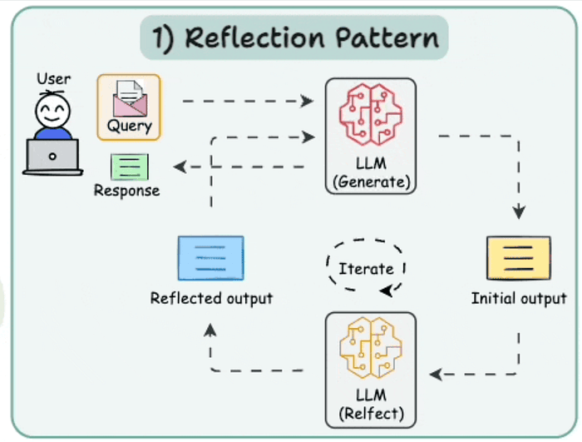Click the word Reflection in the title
click(x=254, y=37)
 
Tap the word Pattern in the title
click(x=387, y=37)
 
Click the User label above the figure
click(x=53, y=79)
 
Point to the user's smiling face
click(x=52, y=112)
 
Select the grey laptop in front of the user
click(x=52, y=156)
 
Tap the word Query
click(x=130, y=127)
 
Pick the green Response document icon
click(x=130, y=167)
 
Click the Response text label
click(x=126, y=191)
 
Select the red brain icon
click(x=371, y=114)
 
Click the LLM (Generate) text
click(x=371, y=173)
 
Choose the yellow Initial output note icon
click(x=519, y=258)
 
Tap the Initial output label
click(x=519, y=298)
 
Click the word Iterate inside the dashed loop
click(x=366, y=269)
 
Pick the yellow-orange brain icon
click(x=371, y=348)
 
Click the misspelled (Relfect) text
click(x=371, y=414)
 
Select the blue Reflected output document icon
click(x=211, y=258)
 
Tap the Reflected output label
click(x=211, y=299)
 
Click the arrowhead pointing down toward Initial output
click(x=519, y=212)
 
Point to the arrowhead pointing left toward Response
click(x=180, y=166)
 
